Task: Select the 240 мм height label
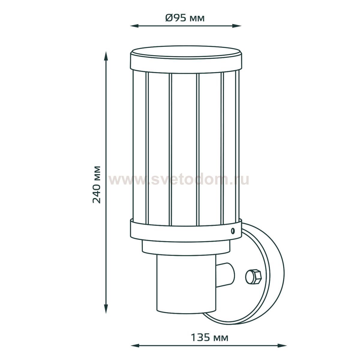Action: point(97,184)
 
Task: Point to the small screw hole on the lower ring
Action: point(232,231)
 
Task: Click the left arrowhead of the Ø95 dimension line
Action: point(134,26)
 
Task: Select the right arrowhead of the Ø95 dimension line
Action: point(237,26)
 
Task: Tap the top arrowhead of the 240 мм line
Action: point(106,56)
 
